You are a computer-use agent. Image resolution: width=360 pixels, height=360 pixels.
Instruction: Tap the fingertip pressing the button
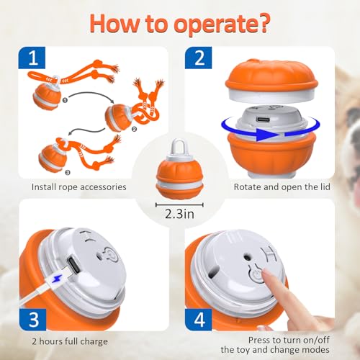point(268,275)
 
